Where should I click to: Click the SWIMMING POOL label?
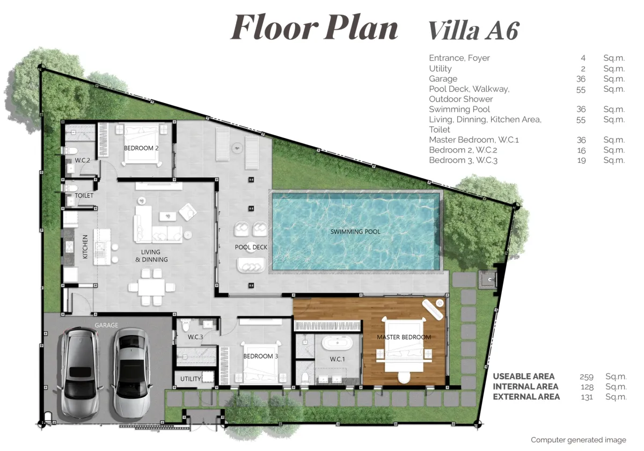pyautogui.click(x=355, y=232)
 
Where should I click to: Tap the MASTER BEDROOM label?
pyautogui.click(x=404, y=337)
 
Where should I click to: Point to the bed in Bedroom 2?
pyautogui.click(x=142, y=143)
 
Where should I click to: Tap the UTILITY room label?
pyautogui.click(x=191, y=379)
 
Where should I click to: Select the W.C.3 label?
pyautogui.click(x=195, y=337)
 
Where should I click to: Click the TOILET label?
pyautogui.click(x=84, y=195)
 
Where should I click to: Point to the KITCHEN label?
pyautogui.click(x=85, y=247)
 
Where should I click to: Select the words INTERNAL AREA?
pyautogui.click(x=525, y=387)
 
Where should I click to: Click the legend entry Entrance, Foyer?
pyautogui.click(x=459, y=58)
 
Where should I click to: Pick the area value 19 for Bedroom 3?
pyautogui.click(x=581, y=160)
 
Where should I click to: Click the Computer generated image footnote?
pyautogui.click(x=578, y=440)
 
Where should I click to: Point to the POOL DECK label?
pyautogui.click(x=251, y=247)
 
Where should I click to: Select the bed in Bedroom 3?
pyautogui.click(x=260, y=361)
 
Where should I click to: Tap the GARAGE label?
pyautogui.click(x=106, y=325)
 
